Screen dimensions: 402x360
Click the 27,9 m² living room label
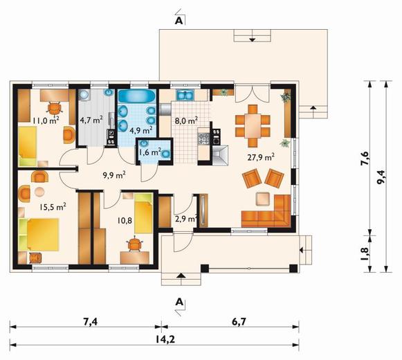click(x=262, y=156)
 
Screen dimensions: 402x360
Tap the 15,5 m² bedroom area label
click(x=53, y=206)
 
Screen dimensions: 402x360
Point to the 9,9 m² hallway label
click(x=114, y=175)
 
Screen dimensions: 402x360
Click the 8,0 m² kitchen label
click(x=186, y=120)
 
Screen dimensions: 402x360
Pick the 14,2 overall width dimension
click(x=165, y=339)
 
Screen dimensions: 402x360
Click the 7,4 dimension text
click(x=91, y=321)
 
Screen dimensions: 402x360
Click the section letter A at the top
click(x=179, y=21)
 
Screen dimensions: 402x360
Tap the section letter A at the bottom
click(x=179, y=302)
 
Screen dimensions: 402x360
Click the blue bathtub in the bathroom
click(x=137, y=96)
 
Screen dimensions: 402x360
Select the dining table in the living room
click(x=253, y=126)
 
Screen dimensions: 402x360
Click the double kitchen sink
click(x=185, y=95)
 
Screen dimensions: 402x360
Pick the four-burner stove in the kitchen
click(x=204, y=138)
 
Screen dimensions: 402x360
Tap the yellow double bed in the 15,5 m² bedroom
click(x=43, y=235)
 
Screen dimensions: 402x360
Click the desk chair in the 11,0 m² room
click(x=55, y=108)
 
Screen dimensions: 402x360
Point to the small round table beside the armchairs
click(x=39, y=192)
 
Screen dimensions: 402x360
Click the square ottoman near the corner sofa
click(x=263, y=199)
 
